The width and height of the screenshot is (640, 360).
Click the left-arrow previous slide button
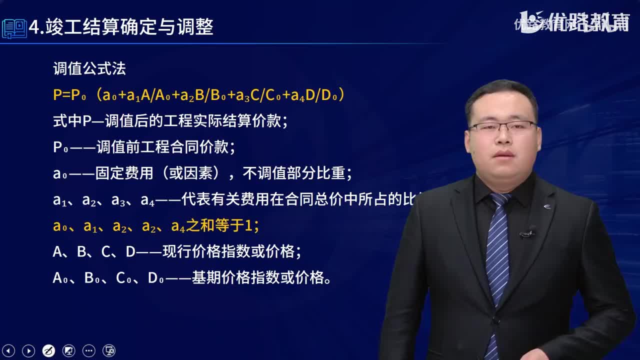8,350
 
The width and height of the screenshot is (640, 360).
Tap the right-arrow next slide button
28,350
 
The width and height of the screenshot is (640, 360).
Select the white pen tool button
48,350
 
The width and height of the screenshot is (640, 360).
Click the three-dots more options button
88,350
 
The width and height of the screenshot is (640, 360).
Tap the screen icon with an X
109,350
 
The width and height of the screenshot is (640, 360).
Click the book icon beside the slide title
14,28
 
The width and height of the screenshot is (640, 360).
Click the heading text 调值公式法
89,69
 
